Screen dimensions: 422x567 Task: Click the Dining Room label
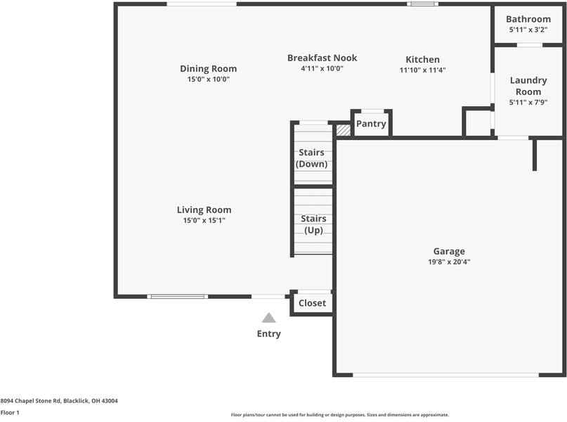[x=208, y=69]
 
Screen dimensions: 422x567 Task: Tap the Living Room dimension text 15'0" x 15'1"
[x=204, y=221]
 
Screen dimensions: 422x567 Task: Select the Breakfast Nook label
[x=322, y=58]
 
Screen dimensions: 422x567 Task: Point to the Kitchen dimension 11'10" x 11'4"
[x=422, y=70]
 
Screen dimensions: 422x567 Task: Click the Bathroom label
[x=528, y=20]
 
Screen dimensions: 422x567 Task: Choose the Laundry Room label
[x=528, y=87]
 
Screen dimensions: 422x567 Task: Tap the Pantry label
[x=371, y=124]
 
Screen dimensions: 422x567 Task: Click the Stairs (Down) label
[x=311, y=158]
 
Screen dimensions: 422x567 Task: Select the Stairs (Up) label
[x=313, y=224]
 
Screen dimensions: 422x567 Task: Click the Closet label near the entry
[x=312, y=303]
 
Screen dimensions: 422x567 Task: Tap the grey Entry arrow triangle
[x=269, y=318]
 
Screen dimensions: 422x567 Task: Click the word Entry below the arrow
[x=269, y=334]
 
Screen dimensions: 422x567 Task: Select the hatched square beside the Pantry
[x=343, y=130]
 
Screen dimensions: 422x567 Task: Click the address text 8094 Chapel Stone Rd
[x=59, y=401]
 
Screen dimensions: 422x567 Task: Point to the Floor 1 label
[x=10, y=413]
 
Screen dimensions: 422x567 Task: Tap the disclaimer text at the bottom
[x=339, y=415]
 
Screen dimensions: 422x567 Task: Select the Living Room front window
[x=178, y=296]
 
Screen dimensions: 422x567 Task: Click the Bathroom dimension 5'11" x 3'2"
[x=528, y=31]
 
